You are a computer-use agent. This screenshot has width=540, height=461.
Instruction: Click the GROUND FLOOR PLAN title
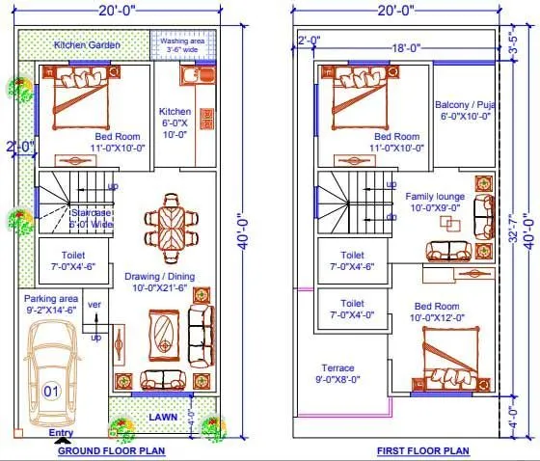pos(111,450)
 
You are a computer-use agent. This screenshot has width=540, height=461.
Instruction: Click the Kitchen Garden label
pos(83,44)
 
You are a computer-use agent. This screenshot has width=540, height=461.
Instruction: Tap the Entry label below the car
pos(61,433)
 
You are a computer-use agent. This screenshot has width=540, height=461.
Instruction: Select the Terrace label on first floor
pos(338,373)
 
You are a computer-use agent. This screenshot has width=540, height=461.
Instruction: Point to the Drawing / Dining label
pos(159,282)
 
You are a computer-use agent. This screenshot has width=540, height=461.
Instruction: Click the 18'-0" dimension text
pos(402,45)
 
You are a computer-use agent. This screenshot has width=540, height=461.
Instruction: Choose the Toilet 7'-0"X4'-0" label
pos(351,309)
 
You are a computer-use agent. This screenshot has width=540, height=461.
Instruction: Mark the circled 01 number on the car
pos(51,392)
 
